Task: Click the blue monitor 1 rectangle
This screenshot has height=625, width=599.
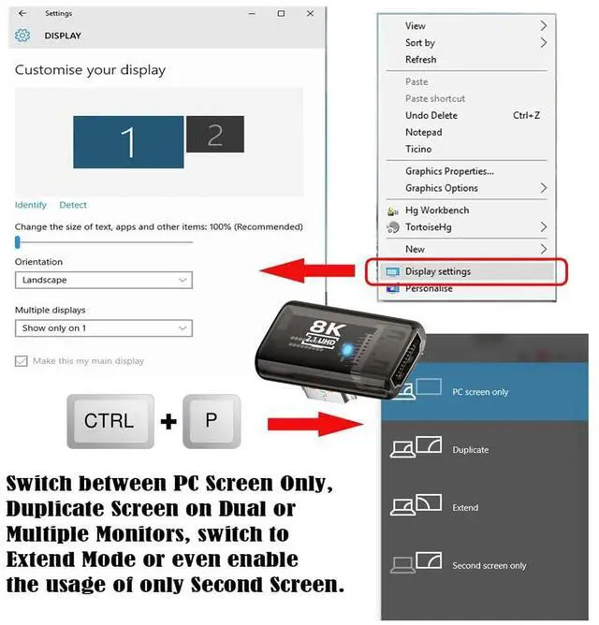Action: (128, 142)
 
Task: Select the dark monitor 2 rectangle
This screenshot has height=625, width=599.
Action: (214, 135)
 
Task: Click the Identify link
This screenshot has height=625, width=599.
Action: (31, 205)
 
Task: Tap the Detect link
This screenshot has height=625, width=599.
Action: (73, 205)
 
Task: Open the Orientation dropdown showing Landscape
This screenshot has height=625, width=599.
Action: (103, 280)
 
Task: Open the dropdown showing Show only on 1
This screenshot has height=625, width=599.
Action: (103, 328)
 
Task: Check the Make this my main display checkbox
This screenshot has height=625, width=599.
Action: (22, 361)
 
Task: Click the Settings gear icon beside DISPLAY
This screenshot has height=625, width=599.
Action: (22, 36)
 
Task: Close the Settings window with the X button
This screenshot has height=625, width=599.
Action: (308, 13)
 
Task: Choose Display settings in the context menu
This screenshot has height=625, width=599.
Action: (438, 271)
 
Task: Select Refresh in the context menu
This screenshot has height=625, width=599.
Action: (420, 60)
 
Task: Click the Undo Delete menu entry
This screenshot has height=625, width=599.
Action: (431, 115)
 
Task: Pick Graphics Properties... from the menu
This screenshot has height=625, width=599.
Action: (449, 171)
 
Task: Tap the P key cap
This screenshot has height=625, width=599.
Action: (211, 421)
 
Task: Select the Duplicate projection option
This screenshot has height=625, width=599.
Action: (470, 450)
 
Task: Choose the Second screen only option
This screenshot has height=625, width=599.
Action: (489, 566)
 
